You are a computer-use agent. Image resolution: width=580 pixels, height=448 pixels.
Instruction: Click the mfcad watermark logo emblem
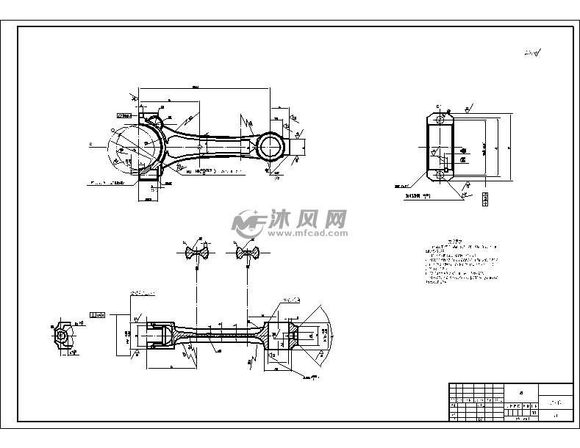tap(248, 222)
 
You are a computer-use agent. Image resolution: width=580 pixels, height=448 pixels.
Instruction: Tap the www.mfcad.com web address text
tap(307, 233)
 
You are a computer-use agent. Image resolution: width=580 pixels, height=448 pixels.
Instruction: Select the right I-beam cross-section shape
tap(247, 253)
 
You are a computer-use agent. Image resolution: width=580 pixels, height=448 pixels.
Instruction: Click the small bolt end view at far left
tap(63, 335)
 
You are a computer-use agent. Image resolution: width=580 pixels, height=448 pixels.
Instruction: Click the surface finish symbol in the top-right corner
tap(532, 53)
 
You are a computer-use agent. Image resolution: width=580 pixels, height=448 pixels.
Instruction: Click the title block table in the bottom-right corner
tap(510, 402)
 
